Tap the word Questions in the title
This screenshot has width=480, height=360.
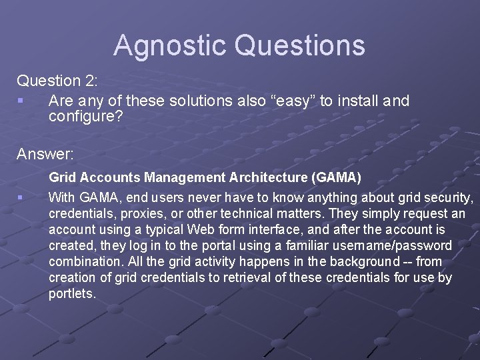(x=300, y=45)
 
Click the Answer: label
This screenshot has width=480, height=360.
(x=45, y=155)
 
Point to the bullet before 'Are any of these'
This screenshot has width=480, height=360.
(x=21, y=101)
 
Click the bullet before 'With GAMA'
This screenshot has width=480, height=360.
(x=21, y=197)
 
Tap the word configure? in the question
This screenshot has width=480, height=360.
(x=81, y=117)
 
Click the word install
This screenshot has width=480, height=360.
(x=358, y=101)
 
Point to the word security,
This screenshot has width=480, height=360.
(x=449, y=197)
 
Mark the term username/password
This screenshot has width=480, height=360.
(x=400, y=245)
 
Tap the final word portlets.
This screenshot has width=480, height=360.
(x=73, y=293)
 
